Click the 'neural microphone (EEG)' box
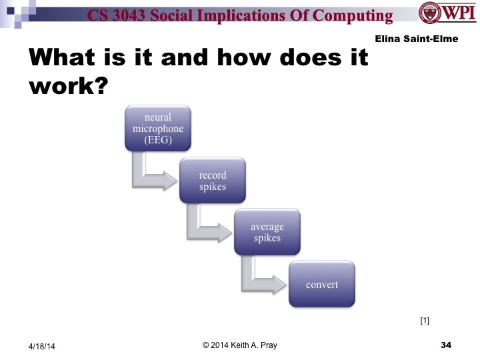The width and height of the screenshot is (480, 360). (x=158, y=127)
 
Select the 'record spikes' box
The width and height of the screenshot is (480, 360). (x=212, y=181)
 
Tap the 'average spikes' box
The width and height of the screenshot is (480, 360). (x=267, y=232)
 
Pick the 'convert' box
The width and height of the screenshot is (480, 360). (x=321, y=285)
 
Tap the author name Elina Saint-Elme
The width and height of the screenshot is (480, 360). (x=417, y=39)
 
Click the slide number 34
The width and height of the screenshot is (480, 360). (x=446, y=345)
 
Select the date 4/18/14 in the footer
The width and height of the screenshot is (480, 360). (x=42, y=346)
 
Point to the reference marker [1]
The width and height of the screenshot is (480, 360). (x=425, y=321)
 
